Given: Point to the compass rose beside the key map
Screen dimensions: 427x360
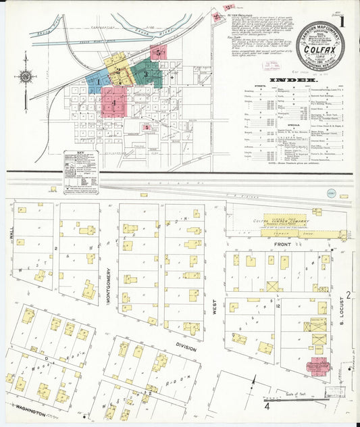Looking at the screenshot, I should (x=26, y=76).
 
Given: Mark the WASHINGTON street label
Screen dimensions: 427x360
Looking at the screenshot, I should (x=26, y=411).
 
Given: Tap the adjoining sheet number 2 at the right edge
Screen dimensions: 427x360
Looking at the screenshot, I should (x=349, y=295).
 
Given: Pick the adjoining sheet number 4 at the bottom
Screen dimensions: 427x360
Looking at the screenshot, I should (x=267, y=407).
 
